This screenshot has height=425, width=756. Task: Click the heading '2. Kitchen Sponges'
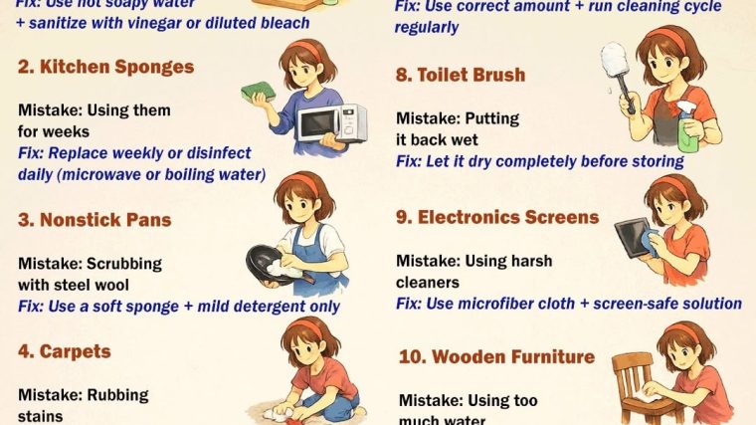(105, 67)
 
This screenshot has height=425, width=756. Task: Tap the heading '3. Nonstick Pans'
(95, 219)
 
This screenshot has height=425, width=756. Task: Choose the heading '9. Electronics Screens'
(497, 217)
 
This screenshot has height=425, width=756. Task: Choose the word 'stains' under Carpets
(41, 415)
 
